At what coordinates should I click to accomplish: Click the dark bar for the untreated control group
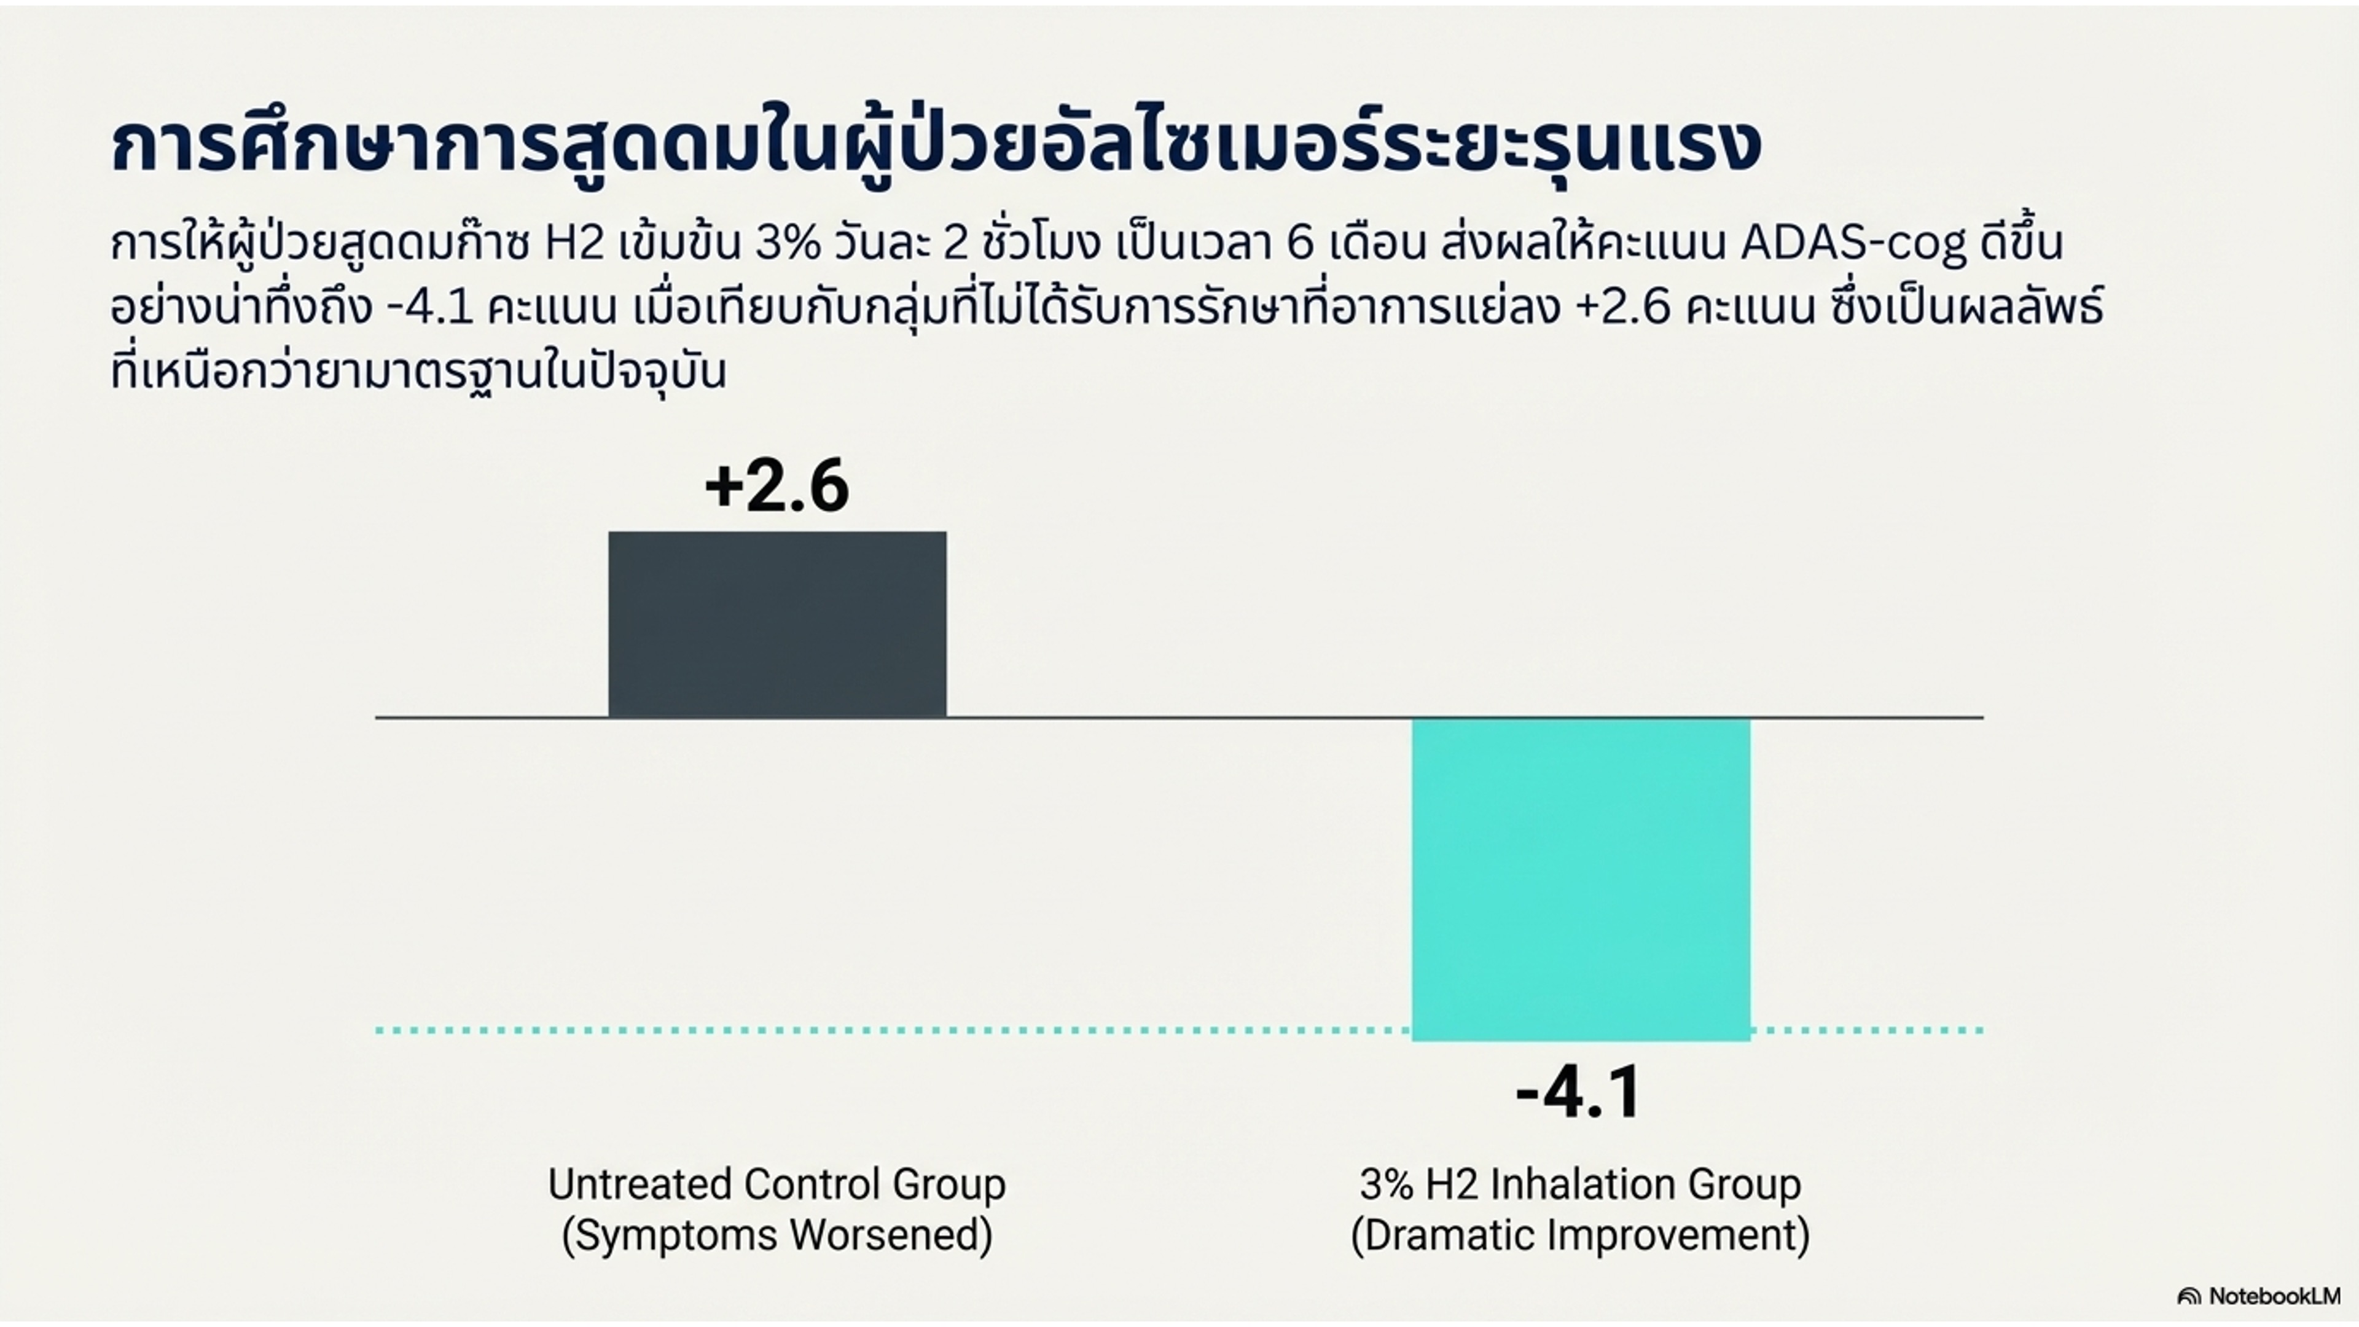pyautogui.click(x=778, y=624)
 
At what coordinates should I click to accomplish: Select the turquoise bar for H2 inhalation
pyautogui.click(x=1581, y=879)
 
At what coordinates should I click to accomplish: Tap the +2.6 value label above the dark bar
pyautogui.click(x=777, y=487)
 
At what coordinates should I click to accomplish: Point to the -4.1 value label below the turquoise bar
pyautogui.click(x=1579, y=1092)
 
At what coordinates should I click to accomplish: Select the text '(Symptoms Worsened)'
pyautogui.click(x=777, y=1234)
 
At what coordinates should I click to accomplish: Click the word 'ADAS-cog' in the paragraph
pyautogui.click(x=1853, y=244)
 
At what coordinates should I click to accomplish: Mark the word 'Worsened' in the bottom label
pyautogui.click(x=891, y=1234)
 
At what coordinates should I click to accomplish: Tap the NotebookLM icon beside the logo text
pyautogui.click(x=2189, y=1297)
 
